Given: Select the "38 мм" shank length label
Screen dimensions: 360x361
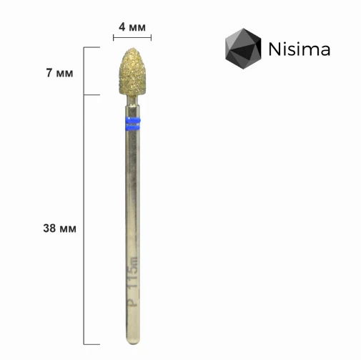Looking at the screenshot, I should [59, 229].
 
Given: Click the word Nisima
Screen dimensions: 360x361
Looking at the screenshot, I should [299, 49].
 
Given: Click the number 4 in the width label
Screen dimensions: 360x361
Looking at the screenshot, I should [122, 27].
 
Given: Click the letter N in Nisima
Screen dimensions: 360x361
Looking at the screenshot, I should [275, 49].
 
